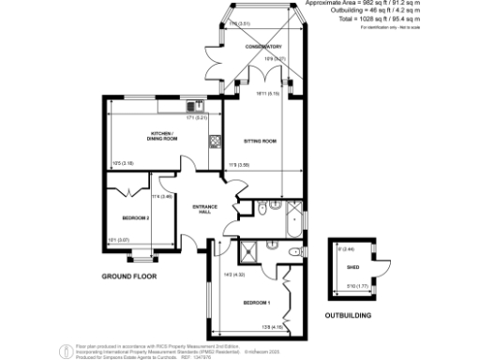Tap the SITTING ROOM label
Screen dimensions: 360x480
coord(261,141)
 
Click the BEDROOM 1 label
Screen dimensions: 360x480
coord(256,303)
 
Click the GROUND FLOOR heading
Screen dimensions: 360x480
coord(128,277)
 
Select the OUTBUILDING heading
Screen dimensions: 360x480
coord(349,315)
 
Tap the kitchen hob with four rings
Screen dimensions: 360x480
coord(215,142)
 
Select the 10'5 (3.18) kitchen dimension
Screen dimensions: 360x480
coord(121,163)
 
